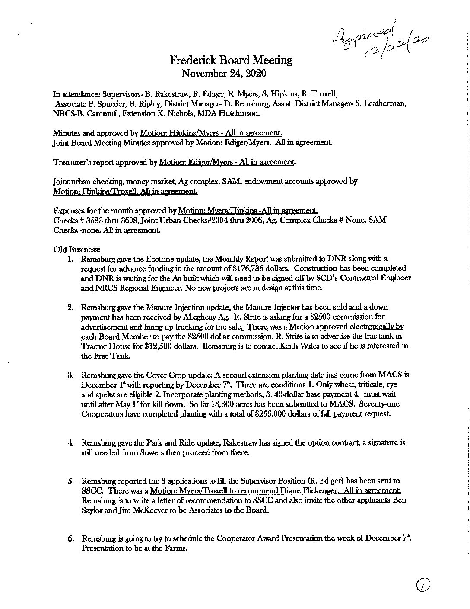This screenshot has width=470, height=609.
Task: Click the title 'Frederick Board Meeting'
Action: pos(231,60)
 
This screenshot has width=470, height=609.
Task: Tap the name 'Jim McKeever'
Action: pos(142,510)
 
